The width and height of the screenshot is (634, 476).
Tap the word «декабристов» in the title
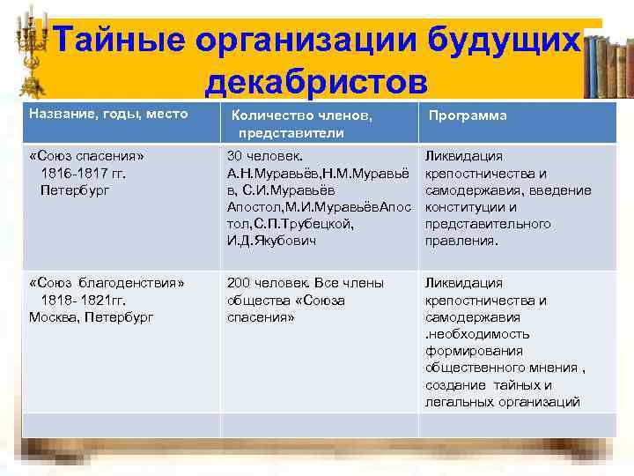point(316,82)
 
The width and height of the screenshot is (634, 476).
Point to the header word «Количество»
point(269,115)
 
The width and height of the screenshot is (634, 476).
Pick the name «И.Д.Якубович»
point(271,241)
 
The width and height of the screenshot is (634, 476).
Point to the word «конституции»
point(463,207)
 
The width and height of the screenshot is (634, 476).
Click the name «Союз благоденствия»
point(107,283)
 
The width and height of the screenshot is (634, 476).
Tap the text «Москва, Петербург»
point(92,316)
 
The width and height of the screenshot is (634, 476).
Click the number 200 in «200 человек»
point(239,283)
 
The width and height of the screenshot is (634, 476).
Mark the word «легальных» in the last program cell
point(459,402)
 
